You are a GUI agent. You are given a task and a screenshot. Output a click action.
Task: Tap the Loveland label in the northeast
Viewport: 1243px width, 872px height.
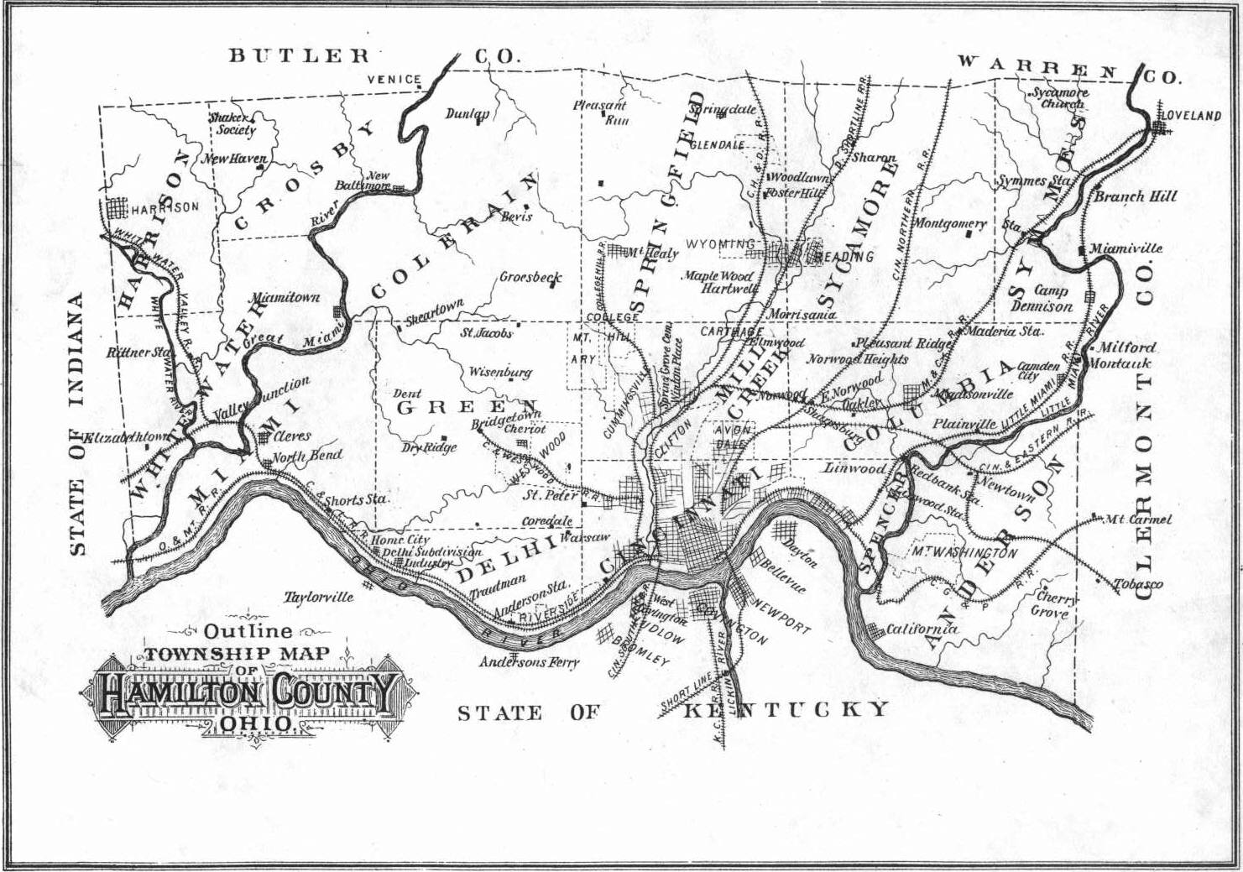coord(1191,116)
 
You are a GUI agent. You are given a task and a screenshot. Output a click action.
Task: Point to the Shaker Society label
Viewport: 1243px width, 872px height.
coord(232,124)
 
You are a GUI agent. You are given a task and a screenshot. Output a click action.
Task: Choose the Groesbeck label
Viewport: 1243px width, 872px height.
coord(530,277)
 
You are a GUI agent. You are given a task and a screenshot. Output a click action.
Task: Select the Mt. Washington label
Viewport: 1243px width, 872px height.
coord(964,553)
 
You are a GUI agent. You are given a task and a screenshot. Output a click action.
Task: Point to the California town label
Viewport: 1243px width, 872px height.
coord(922,629)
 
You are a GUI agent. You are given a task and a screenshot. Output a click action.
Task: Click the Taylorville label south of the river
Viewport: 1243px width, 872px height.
coord(318,598)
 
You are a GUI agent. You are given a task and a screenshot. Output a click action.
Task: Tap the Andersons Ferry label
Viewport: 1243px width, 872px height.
coord(529,662)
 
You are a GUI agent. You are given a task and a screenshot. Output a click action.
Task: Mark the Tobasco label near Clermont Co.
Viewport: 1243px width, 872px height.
coord(1138,584)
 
